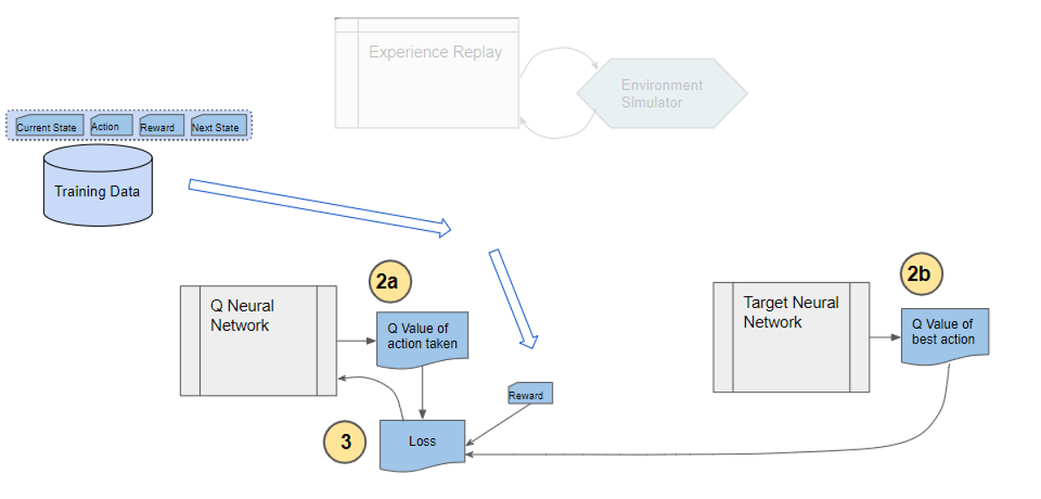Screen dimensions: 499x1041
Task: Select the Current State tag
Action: (x=48, y=126)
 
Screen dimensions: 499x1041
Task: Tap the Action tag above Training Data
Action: (x=109, y=125)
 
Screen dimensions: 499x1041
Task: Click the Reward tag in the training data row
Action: (x=160, y=126)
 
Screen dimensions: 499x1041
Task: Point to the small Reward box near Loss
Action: (x=529, y=394)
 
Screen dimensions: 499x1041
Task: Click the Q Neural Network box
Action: (x=258, y=340)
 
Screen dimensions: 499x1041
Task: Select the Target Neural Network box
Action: (x=790, y=337)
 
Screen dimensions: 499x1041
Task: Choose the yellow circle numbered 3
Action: (x=345, y=442)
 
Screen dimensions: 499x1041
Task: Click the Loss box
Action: (x=422, y=443)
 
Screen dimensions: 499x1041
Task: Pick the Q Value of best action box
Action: (x=945, y=333)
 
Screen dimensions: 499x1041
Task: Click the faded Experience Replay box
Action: (x=427, y=73)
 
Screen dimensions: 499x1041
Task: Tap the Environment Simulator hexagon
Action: (x=662, y=95)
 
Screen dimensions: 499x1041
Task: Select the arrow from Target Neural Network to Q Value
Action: (x=885, y=337)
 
